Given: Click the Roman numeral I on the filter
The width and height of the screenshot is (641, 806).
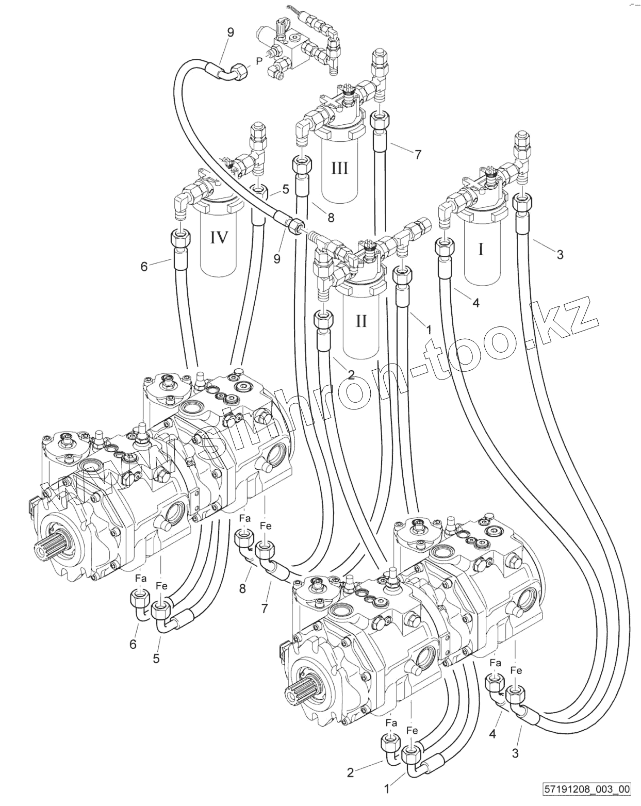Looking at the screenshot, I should click(x=481, y=250).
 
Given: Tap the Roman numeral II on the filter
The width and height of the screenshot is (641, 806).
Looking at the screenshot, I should click(x=361, y=321).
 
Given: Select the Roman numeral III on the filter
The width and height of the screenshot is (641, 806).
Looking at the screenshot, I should click(x=339, y=168).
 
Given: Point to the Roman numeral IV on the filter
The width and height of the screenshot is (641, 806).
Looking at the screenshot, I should click(x=219, y=238).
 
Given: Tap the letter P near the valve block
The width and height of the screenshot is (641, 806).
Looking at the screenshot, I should click(x=259, y=61).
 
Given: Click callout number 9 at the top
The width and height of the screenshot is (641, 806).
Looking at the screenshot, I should click(x=230, y=33).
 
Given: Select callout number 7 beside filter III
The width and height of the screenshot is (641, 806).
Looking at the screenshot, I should click(x=418, y=154).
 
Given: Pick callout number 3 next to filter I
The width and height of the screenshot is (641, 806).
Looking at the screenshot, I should click(x=560, y=254).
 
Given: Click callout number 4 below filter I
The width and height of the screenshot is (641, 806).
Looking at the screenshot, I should click(x=475, y=303).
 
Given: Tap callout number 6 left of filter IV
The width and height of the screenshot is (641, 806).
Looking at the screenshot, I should click(x=144, y=267).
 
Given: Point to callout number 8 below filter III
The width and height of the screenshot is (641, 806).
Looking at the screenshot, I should click(x=331, y=218).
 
